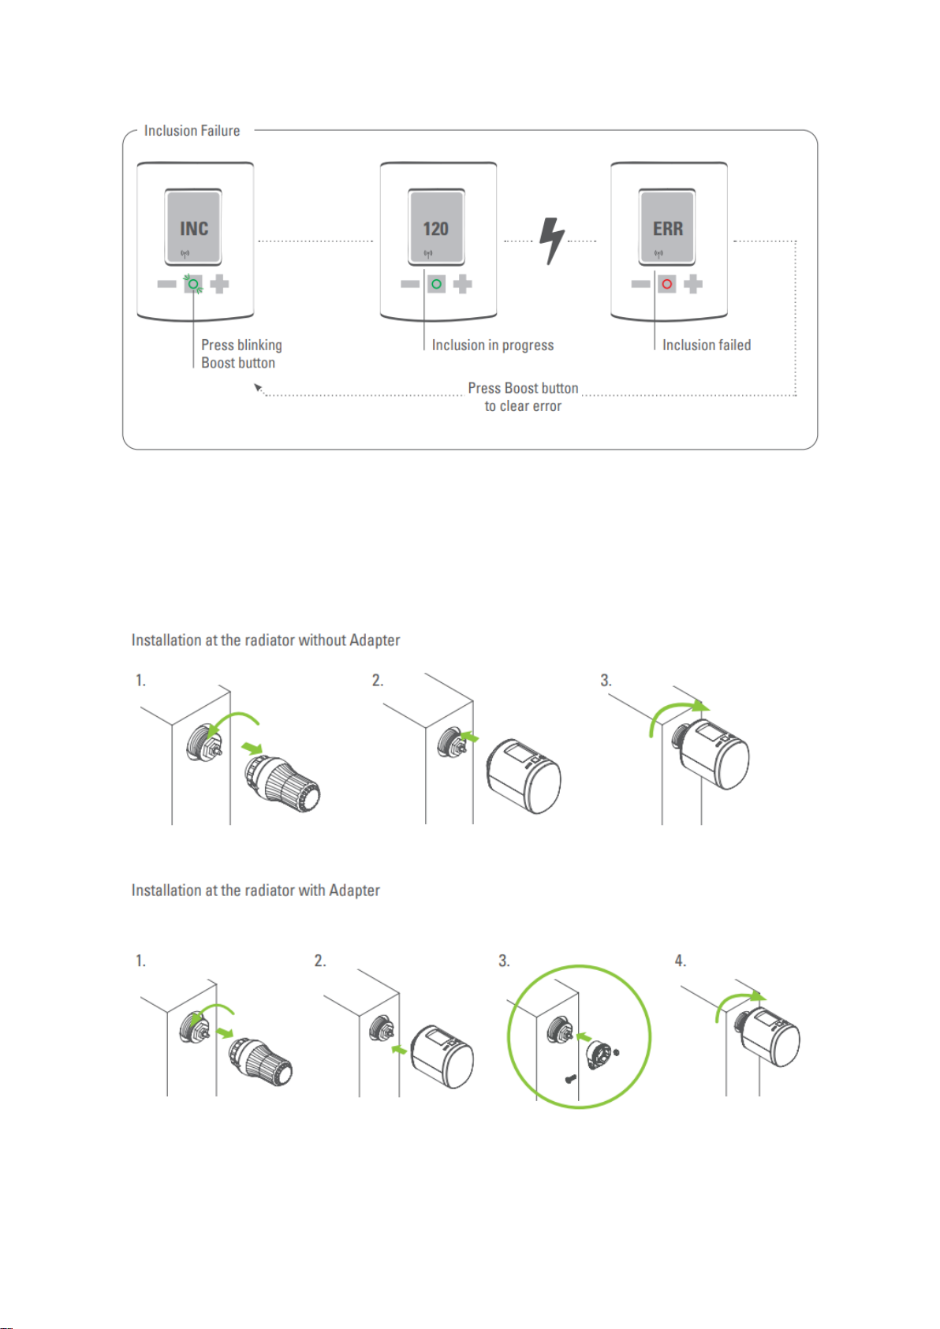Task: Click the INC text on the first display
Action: pyautogui.click(x=194, y=229)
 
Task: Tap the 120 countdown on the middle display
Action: pyautogui.click(x=435, y=229)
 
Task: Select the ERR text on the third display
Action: pyautogui.click(x=668, y=229)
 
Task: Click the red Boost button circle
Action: pyautogui.click(x=666, y=284)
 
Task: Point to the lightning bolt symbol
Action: pyautogui.click(x=551, y=241)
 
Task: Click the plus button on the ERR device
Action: pyautogui.click(x=692, y=284)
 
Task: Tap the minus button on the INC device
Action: pyautogui.click(x=166, y=284)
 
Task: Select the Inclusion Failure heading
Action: pyautogui.click(x=192, y=130)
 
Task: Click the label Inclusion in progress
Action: pyautogui.click(x=493, y=345)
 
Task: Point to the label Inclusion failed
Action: pyautogui.click(x=707, y=345)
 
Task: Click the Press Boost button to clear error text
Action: pyautogui.click(x=523, y=397)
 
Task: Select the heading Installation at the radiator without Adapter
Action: pyautogui.click(x=266, y=640)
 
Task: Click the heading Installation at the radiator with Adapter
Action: pyautogui.click(x=256, y=890)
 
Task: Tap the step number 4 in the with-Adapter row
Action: pyautogui.click(x=681, y=961)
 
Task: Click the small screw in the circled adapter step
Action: pyautogui.click(x=570, y=1079)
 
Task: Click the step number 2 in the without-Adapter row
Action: pyautogui.click(x=378, y=681)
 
